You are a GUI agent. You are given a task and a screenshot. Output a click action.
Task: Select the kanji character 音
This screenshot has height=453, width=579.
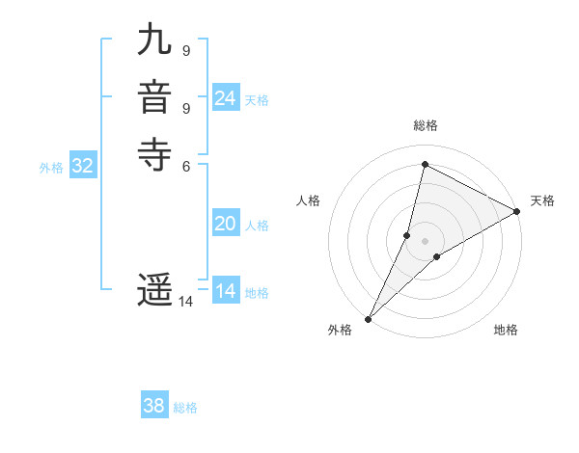(155, 99)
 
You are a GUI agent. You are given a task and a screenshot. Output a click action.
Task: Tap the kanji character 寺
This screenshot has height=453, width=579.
(155, 154)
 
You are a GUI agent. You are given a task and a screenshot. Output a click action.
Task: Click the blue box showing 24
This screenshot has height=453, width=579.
(226, 98)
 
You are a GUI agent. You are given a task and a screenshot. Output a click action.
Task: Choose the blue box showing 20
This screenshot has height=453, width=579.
(226, 224)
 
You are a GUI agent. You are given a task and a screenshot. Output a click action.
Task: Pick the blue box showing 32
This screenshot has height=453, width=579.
(83, 166)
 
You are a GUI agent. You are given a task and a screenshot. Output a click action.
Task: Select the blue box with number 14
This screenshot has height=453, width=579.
(226, 291)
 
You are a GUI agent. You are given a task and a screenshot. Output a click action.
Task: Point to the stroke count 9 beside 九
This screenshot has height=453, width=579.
(185, 50)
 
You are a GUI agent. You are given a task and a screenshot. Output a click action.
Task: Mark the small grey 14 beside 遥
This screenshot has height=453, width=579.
(185, 302)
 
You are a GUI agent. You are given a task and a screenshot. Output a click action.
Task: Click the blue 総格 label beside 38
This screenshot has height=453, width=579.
(185, 408)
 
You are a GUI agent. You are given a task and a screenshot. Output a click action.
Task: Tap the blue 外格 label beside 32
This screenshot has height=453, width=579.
(51, 168)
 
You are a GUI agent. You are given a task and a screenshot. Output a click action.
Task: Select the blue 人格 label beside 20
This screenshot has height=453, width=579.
(257, 226)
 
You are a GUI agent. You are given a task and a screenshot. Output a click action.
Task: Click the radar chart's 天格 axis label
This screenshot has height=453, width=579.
(542, 200)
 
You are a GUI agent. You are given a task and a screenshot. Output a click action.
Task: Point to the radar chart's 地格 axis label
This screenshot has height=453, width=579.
(506, 330)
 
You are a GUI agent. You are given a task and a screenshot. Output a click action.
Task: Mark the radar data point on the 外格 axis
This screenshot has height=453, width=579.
(369, 318)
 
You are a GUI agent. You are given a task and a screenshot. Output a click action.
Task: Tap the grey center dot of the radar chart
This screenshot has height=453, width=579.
(426, 241)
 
